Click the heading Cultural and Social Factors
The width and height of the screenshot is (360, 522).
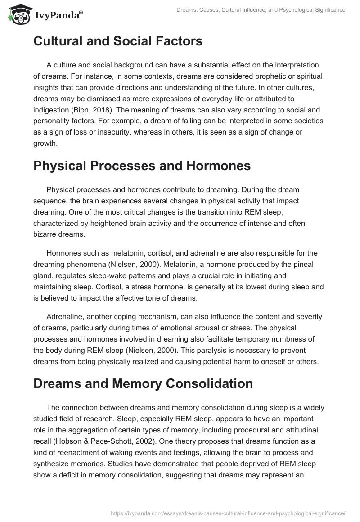click(118, 41)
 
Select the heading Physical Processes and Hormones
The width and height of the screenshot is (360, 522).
click(142, 165)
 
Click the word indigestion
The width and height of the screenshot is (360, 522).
click(51, 108)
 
